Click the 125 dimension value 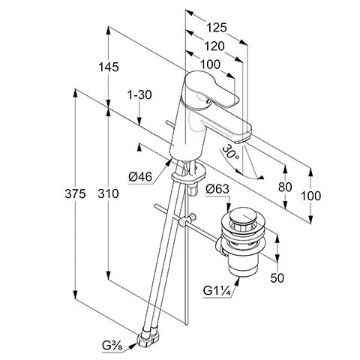[217, 28]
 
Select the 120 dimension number [214, 46]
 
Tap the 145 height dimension [109, 67]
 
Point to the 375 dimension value [75, 193]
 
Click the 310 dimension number [108, 193]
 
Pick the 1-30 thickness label [139, 95]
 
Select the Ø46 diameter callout [140, 177]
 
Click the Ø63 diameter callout [217, 189]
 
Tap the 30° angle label [230, 152]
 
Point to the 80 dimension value [285, 187]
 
